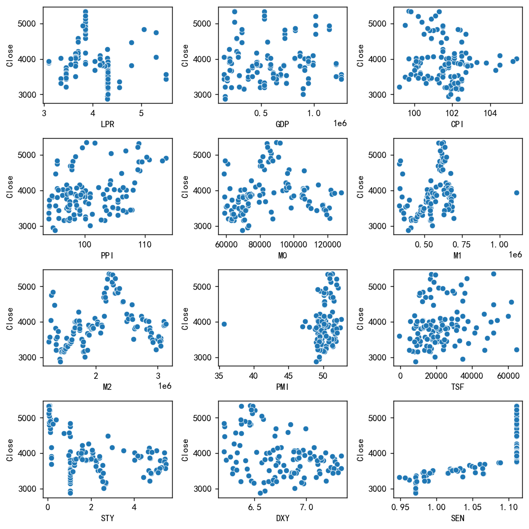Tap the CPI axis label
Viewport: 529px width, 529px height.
(x=458, y=125)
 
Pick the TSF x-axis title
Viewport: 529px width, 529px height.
(x=458, y=388)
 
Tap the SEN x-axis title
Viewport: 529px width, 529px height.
(x=458, y=519)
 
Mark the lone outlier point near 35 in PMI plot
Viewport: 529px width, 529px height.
(x=224, y=324)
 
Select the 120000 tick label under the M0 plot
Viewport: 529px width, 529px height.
(x=328, y=244)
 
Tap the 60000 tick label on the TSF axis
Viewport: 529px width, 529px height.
(x=508, y=375)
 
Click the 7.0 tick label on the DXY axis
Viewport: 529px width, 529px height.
(x=306, y=507)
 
